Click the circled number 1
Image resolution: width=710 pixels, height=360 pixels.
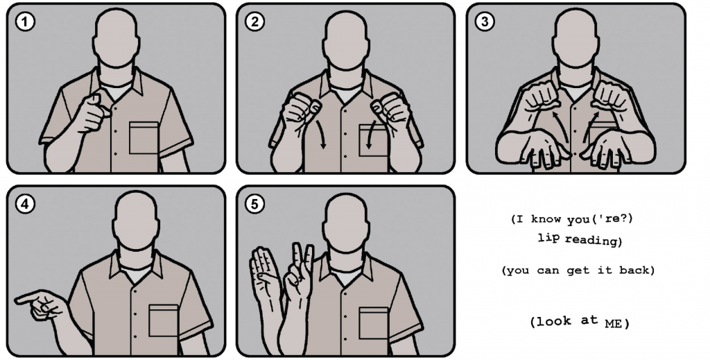(25, 22)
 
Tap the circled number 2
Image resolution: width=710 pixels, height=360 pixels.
(254, 22)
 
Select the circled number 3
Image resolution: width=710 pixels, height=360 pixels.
(485, 22)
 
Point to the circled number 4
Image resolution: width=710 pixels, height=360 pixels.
(25, 204)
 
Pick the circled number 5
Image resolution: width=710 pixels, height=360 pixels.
(254, 204)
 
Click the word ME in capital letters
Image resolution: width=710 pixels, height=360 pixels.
(613, 324)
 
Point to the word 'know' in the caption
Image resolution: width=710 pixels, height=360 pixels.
(546, 218)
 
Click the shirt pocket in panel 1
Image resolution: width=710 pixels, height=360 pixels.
(144, 138)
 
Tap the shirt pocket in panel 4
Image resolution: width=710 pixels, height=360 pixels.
(164, 321)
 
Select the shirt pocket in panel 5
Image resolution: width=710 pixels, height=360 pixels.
(374, 323)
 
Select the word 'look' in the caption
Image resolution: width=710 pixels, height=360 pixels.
(551, 321)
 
